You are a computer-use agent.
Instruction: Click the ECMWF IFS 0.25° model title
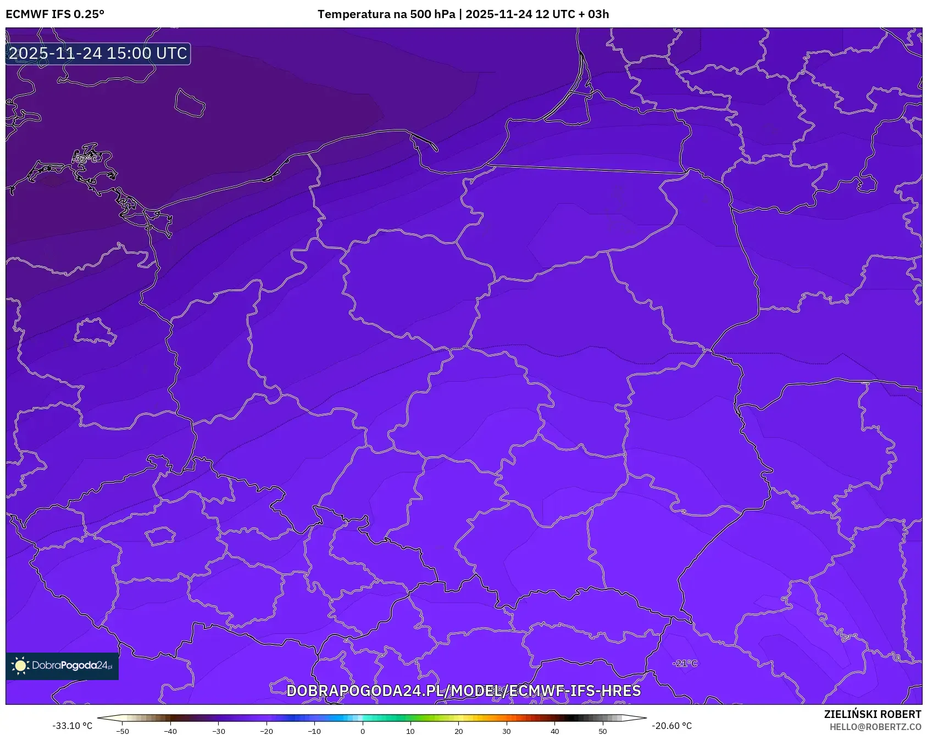55,14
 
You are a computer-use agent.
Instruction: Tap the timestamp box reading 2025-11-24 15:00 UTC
98,53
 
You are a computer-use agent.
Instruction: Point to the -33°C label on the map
86,159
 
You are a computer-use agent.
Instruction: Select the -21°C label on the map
685,664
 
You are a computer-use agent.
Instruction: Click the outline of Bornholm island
190,103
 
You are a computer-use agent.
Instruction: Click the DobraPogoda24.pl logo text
72,666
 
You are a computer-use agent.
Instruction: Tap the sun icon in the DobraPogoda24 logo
21,666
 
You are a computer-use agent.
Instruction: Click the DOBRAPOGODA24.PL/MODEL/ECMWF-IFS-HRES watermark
463,691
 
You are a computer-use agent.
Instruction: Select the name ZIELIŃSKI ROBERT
872,714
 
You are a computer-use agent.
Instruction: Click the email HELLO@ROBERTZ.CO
875,727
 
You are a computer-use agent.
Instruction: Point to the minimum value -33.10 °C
73,726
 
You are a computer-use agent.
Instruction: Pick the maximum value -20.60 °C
671,726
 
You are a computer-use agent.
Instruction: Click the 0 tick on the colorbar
363,731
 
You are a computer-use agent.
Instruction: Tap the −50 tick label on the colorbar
123,731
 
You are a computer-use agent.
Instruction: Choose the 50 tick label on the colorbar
603,731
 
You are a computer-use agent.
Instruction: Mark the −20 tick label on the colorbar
267,731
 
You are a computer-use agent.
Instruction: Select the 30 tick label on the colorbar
507,731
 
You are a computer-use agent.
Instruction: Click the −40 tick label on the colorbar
170,731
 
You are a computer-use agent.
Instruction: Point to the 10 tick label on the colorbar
410,731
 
